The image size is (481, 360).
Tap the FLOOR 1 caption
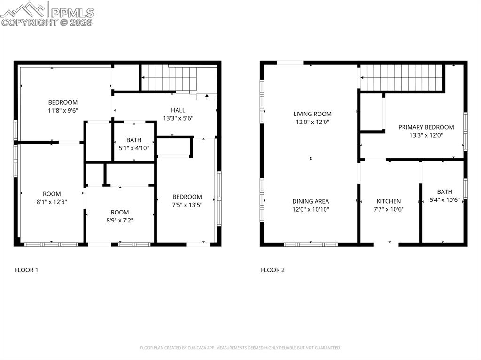[26, 270]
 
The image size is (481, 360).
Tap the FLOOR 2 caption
[273, 270]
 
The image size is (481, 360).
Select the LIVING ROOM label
[312, 114]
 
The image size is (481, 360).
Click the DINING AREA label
[310, 201]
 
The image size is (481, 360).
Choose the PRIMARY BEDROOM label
[426, 127]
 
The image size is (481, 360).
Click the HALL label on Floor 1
[178, 110]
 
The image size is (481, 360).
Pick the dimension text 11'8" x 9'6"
[63, 111]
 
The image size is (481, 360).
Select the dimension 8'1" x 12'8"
[52, 202]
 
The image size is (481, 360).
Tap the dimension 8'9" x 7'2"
[120, 220]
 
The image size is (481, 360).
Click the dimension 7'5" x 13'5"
[187, 205]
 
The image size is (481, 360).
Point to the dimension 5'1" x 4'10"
[134, 148]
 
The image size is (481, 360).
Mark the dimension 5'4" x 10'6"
[444, 200]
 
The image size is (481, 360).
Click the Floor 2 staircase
[402, 77]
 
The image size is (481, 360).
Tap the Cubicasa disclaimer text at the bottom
[240, 348]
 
